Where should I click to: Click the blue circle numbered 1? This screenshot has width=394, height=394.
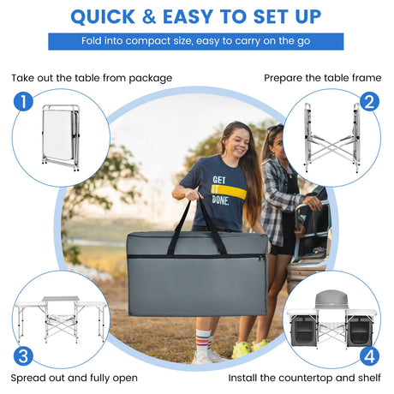pyautogui.click(x=23, y=102)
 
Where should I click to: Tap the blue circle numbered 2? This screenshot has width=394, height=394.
pyautogui.click(x=369, y=102)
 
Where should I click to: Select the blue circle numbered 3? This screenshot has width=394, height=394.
pyautogui.click(x=23, y=356)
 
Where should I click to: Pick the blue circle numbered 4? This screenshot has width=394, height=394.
pyautogui.click(x=369, y=356)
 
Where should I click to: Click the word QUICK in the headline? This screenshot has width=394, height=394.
pyautogui.click(x=103, y=16)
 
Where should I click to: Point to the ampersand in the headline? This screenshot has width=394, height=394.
pyautogui.click(x=149, y=16)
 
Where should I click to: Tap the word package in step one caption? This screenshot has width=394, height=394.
pyautogui.click(x=151, y=79)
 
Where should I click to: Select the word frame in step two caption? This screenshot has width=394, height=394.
pyautogui.click(x=367, y=78)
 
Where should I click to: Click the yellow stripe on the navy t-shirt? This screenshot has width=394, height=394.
pyautogui.click(x=229, y=192)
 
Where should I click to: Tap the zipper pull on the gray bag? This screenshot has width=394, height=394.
pyautogui.click(x=261, y=257)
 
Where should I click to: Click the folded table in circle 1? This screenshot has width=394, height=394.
pyautogui.click(x=61, y=138)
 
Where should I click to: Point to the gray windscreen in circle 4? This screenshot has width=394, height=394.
pyautogui.click(x=331, y=299)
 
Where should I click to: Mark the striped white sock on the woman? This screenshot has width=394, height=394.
pyautogui.click(x=203, y=341)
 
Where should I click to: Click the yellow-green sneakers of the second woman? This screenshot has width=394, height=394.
pyautogui.click(x=249, y=349)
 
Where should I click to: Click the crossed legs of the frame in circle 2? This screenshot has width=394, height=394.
pyautogui.click(x=331, y=148)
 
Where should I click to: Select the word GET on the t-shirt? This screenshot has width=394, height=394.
pyautogui.click(x=219, y=180)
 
